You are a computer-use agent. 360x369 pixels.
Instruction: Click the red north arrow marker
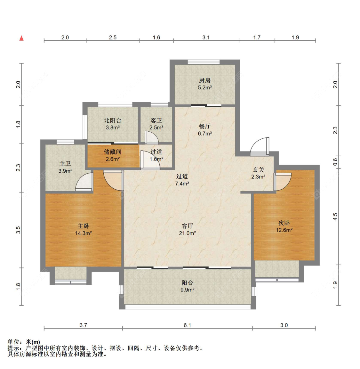21,38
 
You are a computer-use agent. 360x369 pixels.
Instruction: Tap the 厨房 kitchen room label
204,80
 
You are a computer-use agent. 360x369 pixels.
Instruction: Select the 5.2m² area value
205,88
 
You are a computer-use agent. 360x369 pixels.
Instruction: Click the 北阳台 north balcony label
113,120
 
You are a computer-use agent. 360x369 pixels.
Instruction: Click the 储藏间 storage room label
113,152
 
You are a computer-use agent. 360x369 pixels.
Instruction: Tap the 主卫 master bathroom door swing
84,182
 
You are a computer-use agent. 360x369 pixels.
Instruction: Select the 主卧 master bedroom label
83,226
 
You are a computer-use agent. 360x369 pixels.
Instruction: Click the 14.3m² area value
84,234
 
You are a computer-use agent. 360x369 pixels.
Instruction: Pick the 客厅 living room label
187,226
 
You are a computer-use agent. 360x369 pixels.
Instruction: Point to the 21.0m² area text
188,234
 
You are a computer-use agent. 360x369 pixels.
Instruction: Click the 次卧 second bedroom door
283,182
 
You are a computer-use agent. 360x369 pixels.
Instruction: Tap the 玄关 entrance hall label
258,170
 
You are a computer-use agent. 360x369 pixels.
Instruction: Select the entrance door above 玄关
260,146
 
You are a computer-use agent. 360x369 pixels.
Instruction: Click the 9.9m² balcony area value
188,290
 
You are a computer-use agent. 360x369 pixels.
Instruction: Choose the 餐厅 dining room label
204,127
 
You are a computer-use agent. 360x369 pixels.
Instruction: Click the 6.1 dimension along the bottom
187,325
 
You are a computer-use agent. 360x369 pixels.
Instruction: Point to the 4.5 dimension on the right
335,217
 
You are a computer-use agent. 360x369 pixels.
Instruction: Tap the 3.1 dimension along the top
206,37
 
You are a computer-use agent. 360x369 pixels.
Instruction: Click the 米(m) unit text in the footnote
33,342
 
